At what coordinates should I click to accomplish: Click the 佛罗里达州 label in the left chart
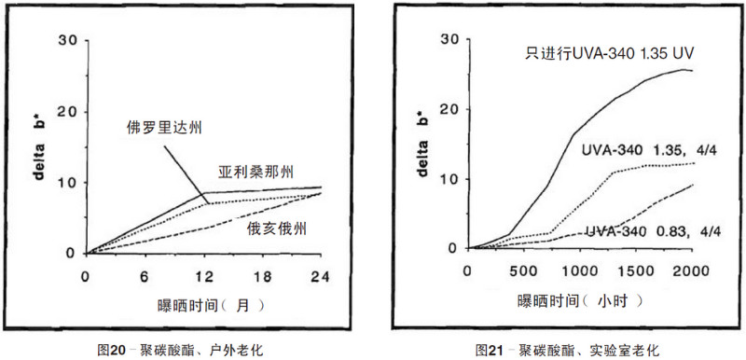pos(166,126)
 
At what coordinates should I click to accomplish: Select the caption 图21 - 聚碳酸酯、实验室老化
pos(567,350)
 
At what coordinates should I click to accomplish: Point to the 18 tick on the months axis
pos(264,277)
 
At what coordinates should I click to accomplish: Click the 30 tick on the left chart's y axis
pos(65,40)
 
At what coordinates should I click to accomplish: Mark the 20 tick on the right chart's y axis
pos(450,109)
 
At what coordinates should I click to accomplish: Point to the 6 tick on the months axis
pos(145,277)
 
